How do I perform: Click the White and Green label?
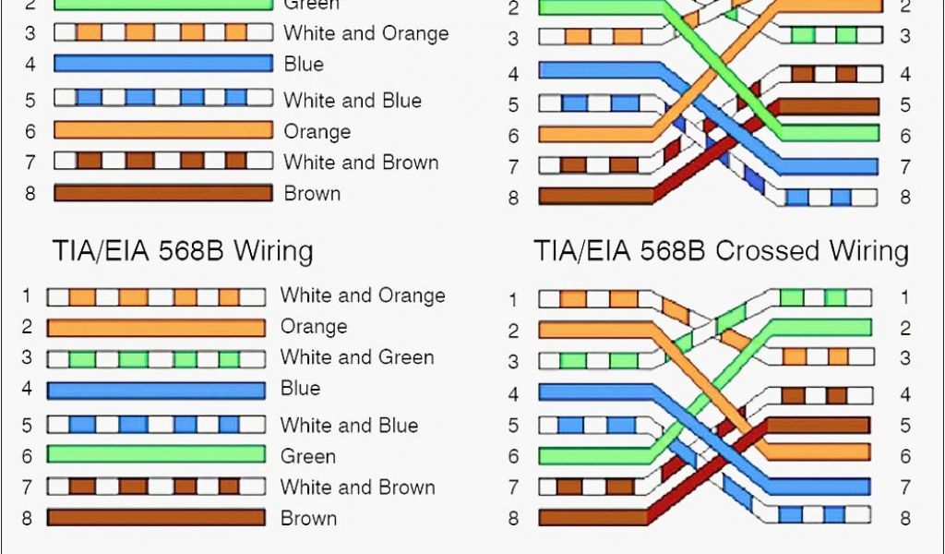tap(356, 357)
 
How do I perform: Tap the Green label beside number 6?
tap(307, 456)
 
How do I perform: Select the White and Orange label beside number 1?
tap(362, 295)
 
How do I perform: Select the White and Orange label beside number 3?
tap(365, 33)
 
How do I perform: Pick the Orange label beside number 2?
tap(314, 327)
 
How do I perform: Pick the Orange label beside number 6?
tap(317, 131)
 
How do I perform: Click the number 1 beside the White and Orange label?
tap(27, 295)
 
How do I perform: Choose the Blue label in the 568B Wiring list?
tap(300, 388)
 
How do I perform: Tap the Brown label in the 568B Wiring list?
tap(308, 518)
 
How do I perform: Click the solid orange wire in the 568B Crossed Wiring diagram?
tap(595, 329)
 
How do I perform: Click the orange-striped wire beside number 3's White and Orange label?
tap(162, 33)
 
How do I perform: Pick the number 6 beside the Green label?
tap(27, 456)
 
